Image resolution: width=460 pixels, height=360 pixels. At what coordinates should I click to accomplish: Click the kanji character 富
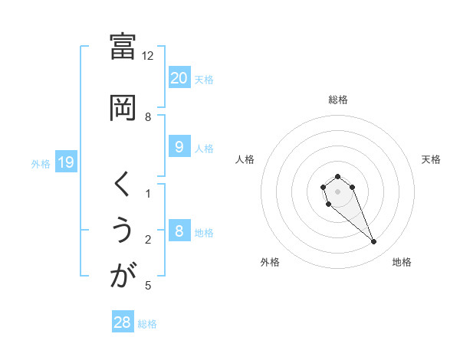123,47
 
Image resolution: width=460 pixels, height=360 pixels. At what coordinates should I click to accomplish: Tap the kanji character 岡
123,107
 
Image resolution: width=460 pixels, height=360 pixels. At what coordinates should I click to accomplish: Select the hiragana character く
123,185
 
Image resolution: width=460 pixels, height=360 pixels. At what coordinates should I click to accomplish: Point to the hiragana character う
123,231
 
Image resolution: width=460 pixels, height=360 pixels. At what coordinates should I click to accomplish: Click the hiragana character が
123,277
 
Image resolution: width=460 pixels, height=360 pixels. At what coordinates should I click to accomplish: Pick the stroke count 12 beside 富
148,56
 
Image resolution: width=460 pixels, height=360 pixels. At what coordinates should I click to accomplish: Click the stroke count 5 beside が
148,286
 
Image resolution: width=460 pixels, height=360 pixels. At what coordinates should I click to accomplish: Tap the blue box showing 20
179,77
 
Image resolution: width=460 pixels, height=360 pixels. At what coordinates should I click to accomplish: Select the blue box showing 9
179,147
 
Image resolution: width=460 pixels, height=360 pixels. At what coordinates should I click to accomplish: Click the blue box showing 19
65,162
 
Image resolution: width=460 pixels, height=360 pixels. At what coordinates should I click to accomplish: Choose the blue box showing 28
123,322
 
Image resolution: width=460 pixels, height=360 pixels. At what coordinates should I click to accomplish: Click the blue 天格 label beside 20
204,79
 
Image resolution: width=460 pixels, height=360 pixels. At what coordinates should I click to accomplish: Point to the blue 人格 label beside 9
204,149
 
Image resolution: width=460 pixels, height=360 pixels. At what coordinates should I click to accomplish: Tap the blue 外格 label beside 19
41,163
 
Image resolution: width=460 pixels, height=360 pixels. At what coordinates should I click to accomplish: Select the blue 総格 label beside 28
148,324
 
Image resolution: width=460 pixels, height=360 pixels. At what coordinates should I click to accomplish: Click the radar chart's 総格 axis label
338,100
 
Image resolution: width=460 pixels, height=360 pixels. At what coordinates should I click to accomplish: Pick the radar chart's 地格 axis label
402,262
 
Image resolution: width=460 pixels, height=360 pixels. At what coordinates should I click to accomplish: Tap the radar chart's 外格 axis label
270,262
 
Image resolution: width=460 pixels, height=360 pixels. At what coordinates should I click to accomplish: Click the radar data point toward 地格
374,242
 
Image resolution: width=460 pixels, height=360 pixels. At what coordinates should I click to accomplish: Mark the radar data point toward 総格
337,177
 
